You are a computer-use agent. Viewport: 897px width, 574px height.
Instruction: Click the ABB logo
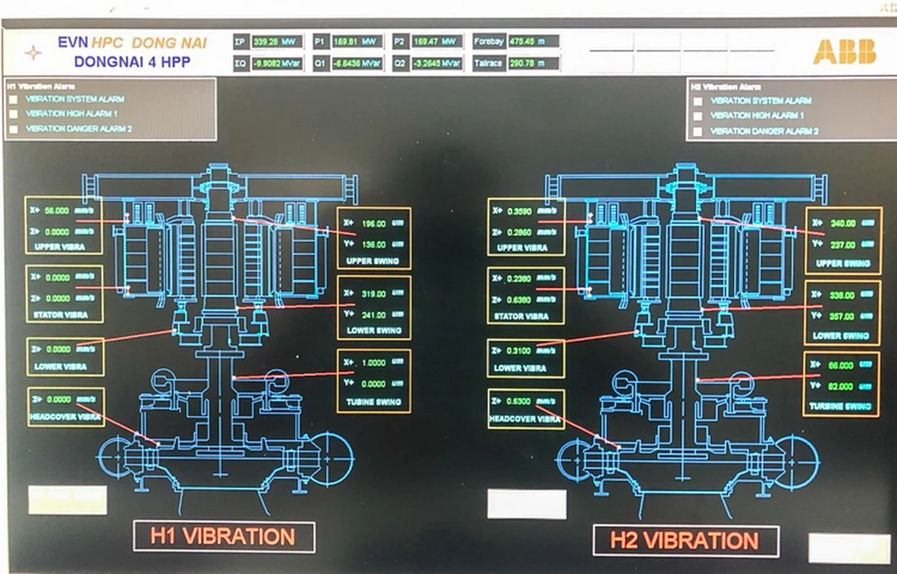pyautogui.click(x=844, y=52)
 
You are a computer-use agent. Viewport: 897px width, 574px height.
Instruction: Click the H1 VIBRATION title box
pyautogui.click(x=223, y=537)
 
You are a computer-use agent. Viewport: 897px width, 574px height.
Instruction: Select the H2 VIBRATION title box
pyautogui.click(x=685, y=541)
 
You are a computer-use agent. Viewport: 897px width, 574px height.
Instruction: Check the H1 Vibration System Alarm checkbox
pyautogui.click(x=13, y=100)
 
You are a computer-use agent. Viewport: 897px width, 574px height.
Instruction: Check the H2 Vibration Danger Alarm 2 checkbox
pyautogui.click(x=698, y=131)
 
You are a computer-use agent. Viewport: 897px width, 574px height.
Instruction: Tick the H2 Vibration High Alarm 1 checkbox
pyautogui.click(x=698, y=116)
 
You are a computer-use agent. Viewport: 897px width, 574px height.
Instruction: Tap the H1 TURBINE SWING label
pyautogui.click(x=373, y=402)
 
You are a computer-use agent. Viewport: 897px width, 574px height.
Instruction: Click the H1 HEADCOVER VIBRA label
pyautogui.click(x=65, y=417)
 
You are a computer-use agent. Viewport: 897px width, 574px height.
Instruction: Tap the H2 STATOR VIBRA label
pyautogui.click(x=526, y=317)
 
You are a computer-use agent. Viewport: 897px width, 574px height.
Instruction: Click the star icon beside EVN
pyautogui.click(x=32, y=52)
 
